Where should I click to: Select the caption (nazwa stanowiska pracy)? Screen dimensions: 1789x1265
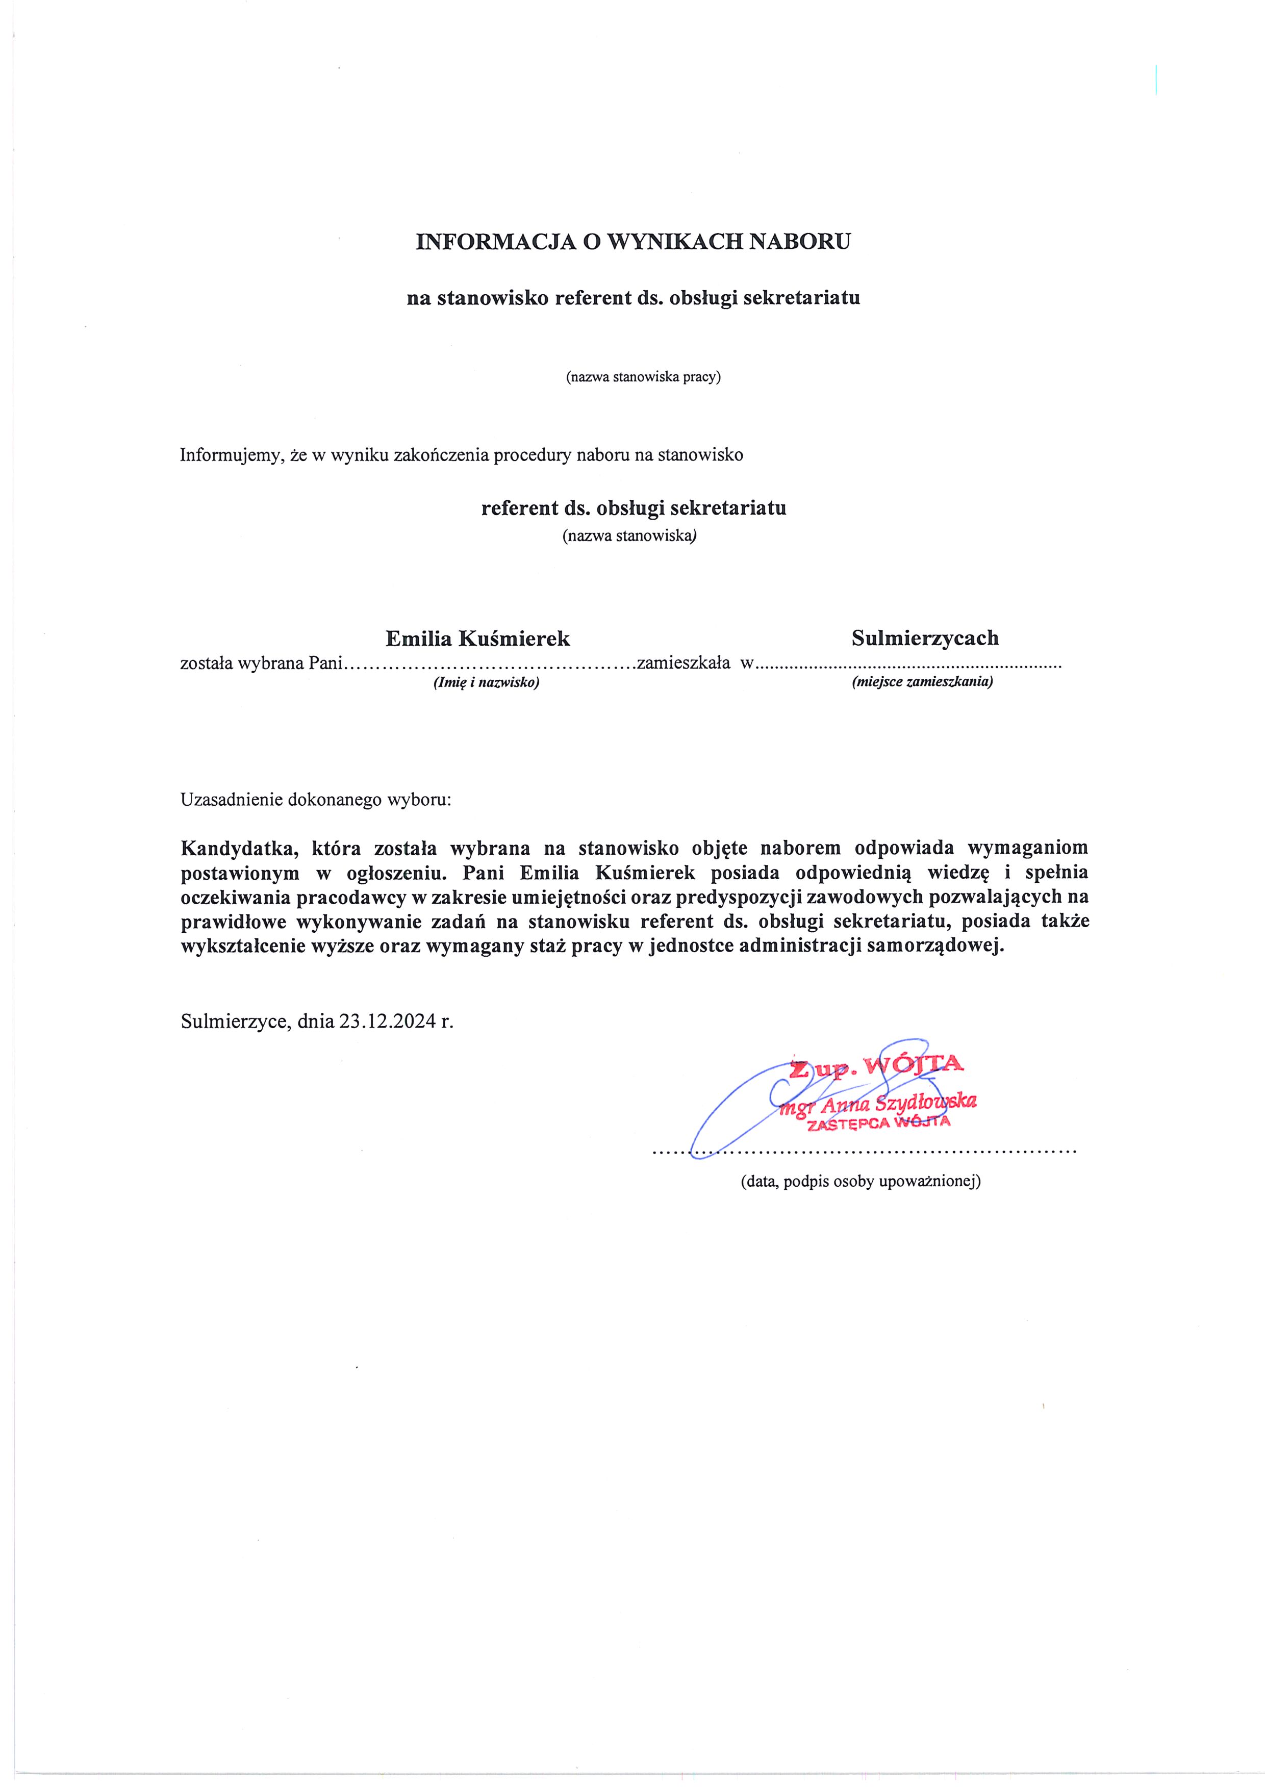[643, 377]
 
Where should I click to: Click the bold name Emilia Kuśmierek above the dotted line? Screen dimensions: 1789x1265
[478, 639]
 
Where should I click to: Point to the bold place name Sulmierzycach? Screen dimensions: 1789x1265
[924, 638]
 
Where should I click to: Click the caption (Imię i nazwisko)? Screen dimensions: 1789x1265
[486, 682]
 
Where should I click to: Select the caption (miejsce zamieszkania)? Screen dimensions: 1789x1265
[922, 682]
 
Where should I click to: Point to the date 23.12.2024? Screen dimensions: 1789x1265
[387, 1021]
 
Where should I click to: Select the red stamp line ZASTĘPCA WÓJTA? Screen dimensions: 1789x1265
[878, 1123]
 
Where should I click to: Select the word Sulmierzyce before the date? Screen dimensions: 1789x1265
[235, 1021]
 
